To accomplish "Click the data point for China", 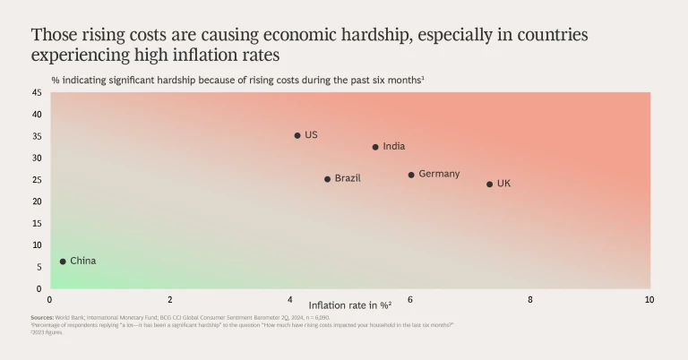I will [63, 261].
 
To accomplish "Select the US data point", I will [297, 135].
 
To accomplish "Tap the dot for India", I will [375, 147].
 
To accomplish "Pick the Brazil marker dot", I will [327, 179].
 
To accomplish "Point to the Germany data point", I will [411, 175].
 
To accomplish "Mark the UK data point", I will [489, 184].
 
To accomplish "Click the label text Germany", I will [439, 174].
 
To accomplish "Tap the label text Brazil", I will [348, 178].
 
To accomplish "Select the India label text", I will [394, 146].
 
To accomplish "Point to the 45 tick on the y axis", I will [37, 92].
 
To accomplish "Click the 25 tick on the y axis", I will [37, 179].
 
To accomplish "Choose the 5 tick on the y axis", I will [39, 267].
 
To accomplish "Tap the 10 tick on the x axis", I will [649, 299].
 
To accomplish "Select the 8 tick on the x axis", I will [529, 299].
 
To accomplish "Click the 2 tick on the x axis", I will [170, 299].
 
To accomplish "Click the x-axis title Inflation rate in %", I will [349, 305].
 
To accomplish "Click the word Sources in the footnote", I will [42, 318].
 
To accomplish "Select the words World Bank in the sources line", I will [70, 318].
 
